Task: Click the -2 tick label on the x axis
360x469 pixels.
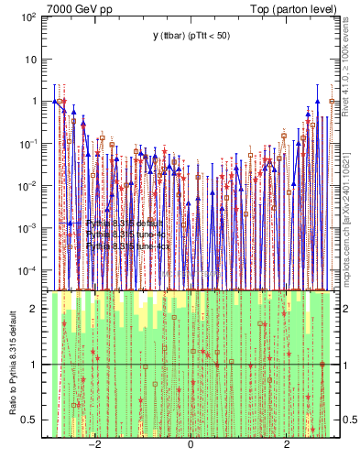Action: pyautogui.click(x=93, y=444)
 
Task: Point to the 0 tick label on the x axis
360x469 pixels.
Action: pyautogui.click(x=191, y=444)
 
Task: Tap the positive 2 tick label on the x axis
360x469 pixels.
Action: pyautogui.click(x=287, y=444)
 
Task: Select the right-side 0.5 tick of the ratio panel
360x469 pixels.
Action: pyautogui.click(x=350, y=420)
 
